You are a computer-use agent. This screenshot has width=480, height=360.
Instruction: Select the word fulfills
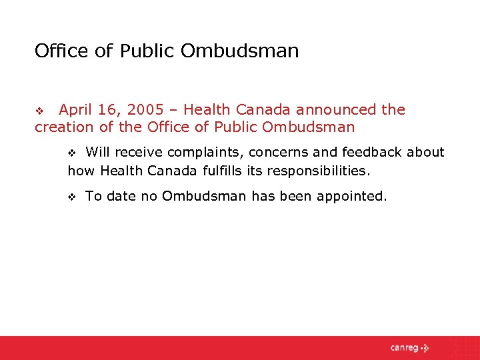click(221, 171)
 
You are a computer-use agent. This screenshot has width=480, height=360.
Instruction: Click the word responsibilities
click(317, 171)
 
